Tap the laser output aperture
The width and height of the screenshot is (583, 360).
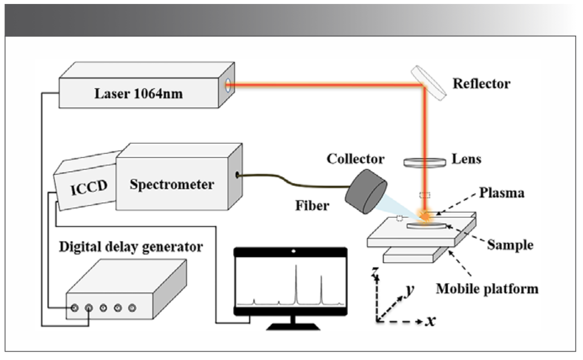(x=228, y=85)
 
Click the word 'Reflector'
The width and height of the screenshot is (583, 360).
(x=481, y=83)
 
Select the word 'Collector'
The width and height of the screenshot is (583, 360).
(x=355, y=159)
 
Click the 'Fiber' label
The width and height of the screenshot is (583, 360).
(x=311, y=205)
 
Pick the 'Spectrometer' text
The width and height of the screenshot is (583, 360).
(x=172, y=184)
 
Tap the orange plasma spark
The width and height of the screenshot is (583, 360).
(x=424, y=214)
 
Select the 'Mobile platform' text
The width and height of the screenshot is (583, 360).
(x=487, y=288)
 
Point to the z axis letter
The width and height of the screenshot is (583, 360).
(x=377, y=271)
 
